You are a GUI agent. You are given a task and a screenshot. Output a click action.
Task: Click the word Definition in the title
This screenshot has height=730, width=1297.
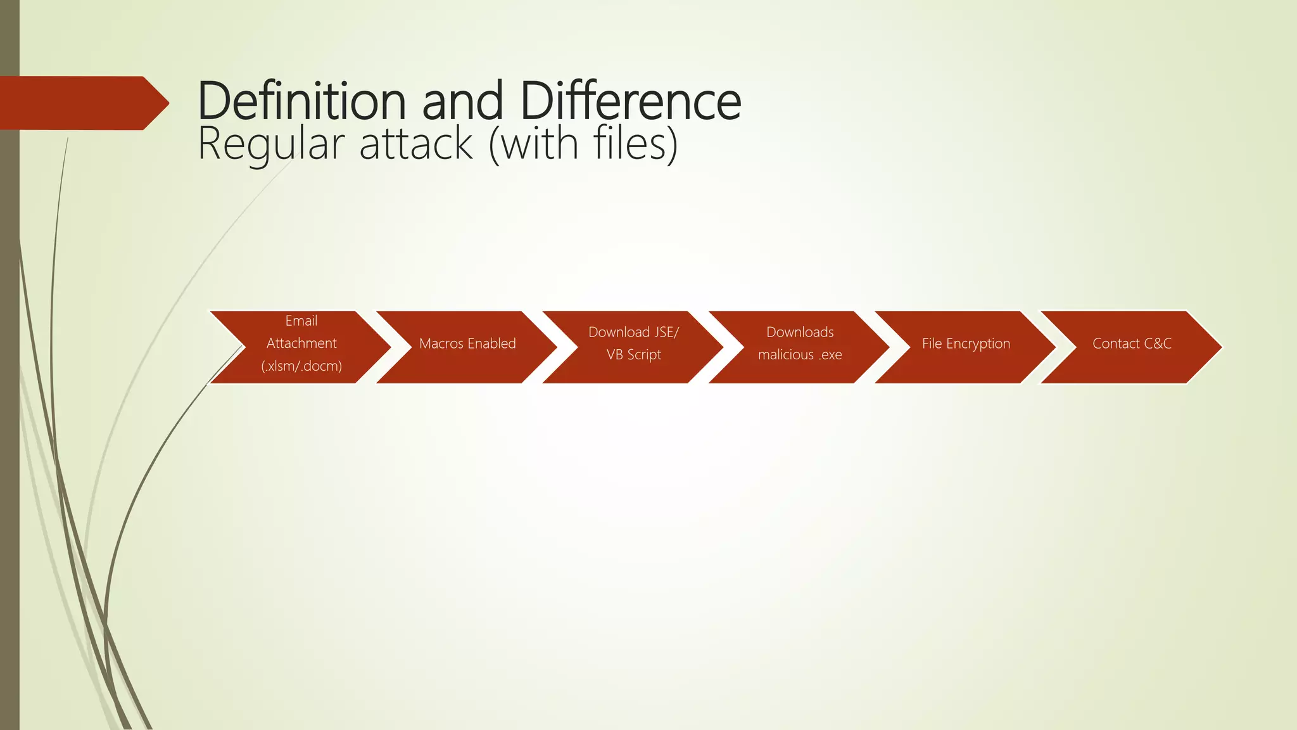pyautogui.click(x=301, y=101)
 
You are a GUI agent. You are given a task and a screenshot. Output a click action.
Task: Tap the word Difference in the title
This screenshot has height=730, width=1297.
pyautogui.click(x=630, y=101)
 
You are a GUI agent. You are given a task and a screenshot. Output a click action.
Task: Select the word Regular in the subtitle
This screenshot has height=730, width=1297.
pyautogui.click(x=271, y=144)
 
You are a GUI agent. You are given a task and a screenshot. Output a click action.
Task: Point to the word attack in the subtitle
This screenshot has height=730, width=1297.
pyautogui.click(x=416, y=144)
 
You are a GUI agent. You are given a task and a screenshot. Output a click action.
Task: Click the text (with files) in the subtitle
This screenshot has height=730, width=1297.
pyautogui.click(x=583, y=144)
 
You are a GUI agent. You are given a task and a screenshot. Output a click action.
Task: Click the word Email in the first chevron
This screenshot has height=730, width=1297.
pyautogui.click(x=301, y=321)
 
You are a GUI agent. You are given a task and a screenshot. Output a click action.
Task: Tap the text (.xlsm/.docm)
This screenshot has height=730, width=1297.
pyautogui.click(x=301, y=366)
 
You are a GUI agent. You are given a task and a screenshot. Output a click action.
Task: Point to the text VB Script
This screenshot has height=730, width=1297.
pyautogui.click(x=633, y=355)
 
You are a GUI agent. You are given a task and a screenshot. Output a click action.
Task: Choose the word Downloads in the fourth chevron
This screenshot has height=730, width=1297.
pyautogui.click(x=800, y=333)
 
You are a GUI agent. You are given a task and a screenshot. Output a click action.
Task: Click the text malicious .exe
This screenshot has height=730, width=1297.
pyautogui.click(x=800, y=355)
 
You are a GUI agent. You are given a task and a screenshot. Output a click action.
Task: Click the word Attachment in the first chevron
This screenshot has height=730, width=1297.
pyautogui.click(x=301, y=343)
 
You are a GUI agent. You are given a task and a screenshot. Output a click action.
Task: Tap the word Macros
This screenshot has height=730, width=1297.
pyautogui.click(x=441, y=344)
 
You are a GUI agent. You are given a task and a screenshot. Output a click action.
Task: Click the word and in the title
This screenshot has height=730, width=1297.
pyautogui.click(x=462, y=101)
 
